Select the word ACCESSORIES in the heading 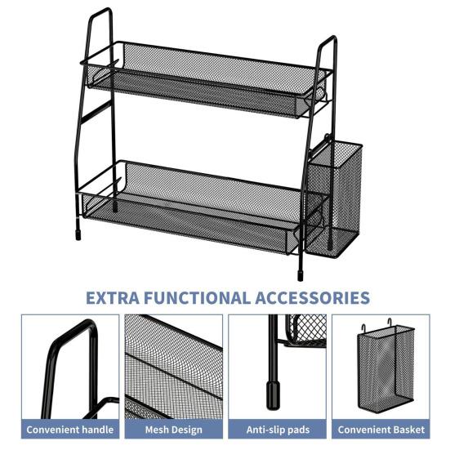(x=314, y=297)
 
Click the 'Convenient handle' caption (x=70, y=429)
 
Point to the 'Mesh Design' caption (x=173, y=429)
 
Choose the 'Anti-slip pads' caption (x=277, y=429)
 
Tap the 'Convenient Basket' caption (x=380, y=429)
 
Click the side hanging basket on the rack (x=335, y=196)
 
